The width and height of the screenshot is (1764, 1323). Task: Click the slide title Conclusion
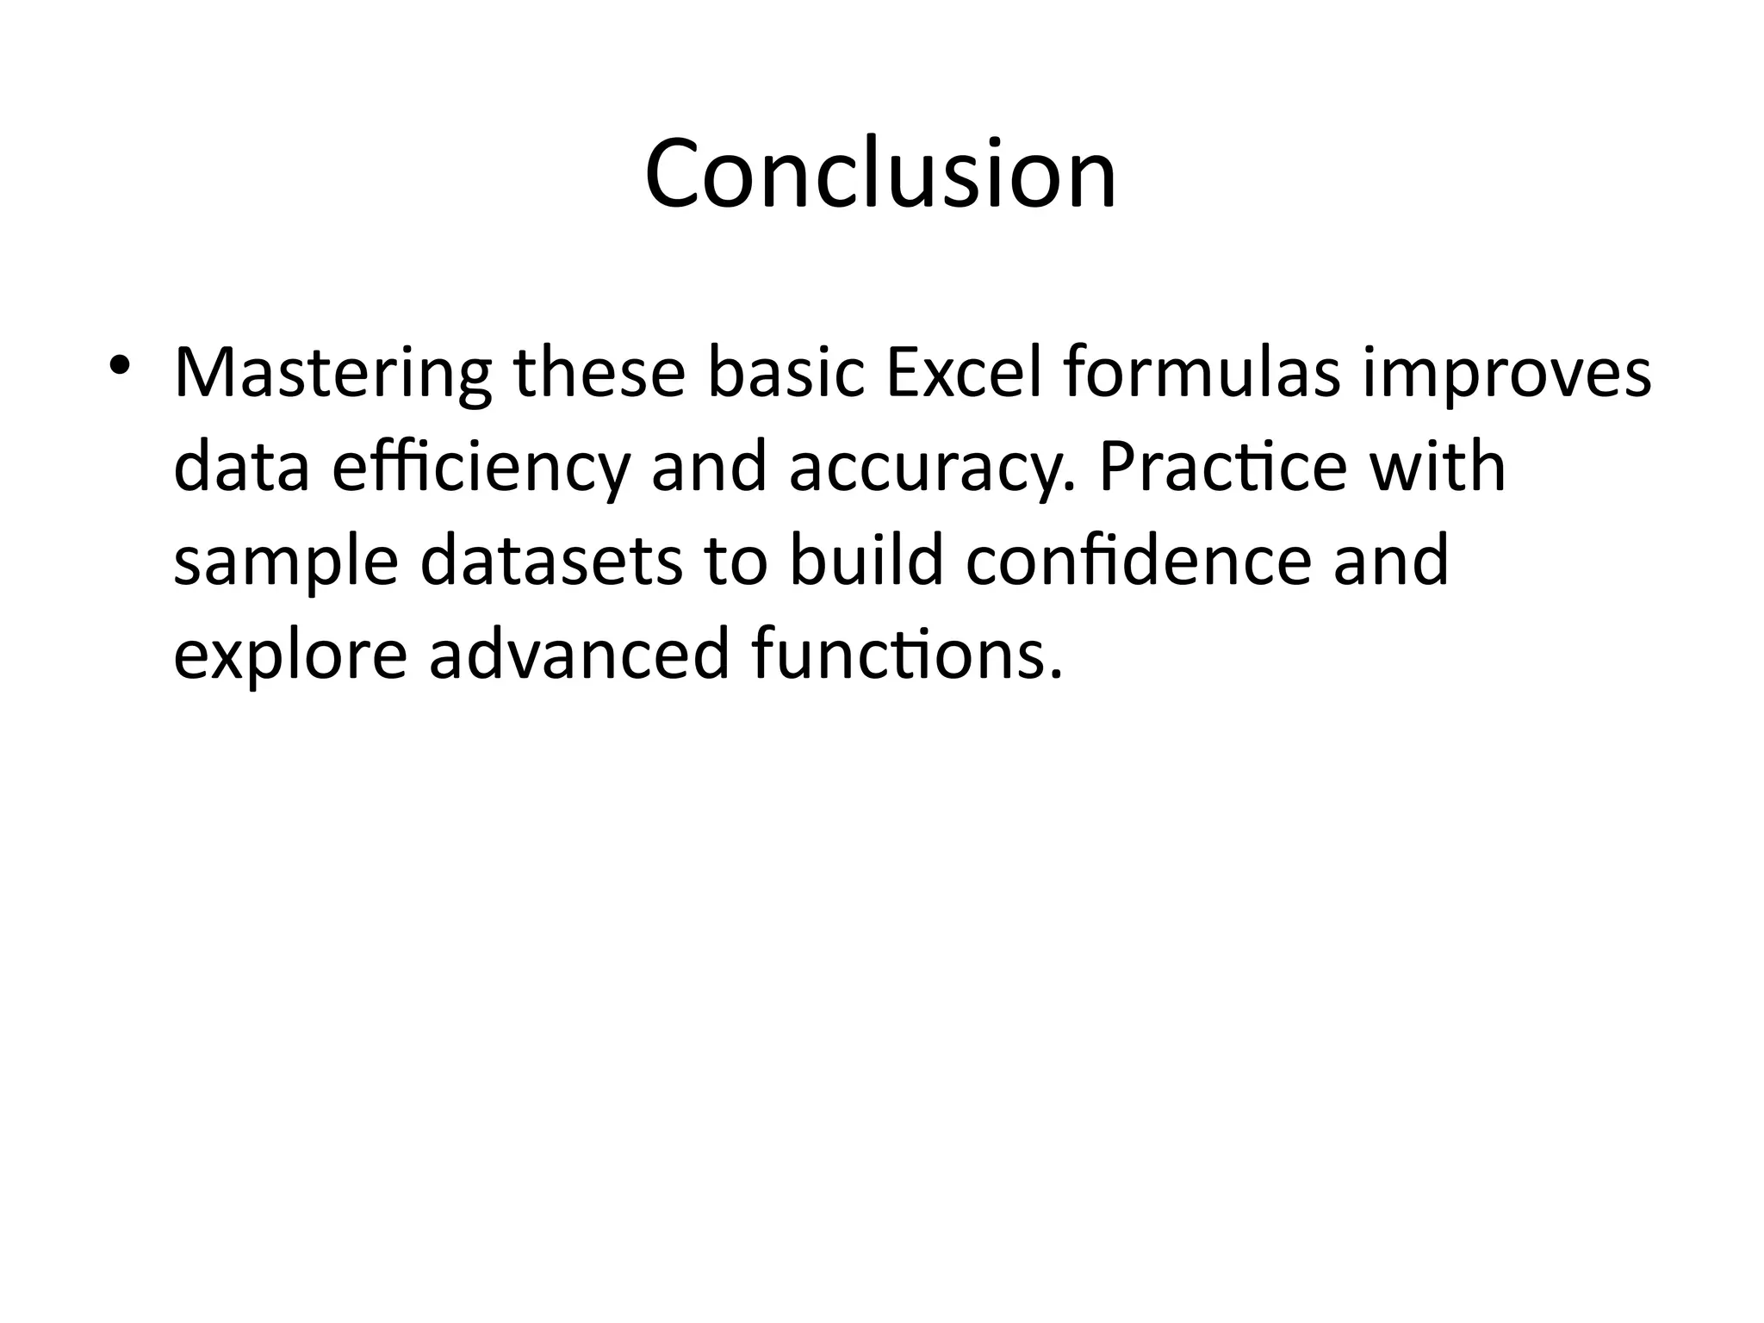click(880, 175)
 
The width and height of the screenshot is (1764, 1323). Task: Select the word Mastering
click(332, 374)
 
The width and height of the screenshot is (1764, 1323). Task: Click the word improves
click(1506, 374)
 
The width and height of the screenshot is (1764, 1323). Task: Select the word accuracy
click(932, 469)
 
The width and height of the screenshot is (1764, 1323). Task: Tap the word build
click(866, 560)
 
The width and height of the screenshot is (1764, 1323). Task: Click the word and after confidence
click(1391, 560)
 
